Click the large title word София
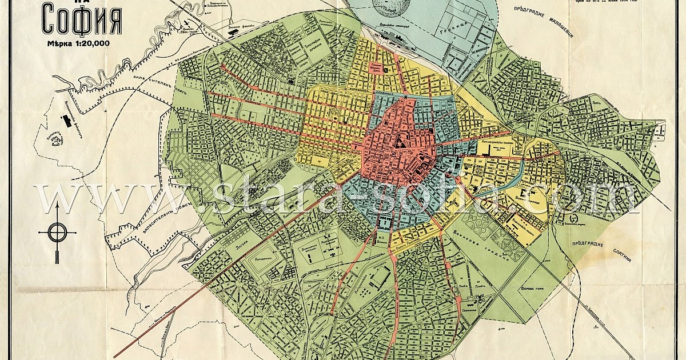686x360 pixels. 81,21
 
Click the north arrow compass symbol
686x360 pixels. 57,233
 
